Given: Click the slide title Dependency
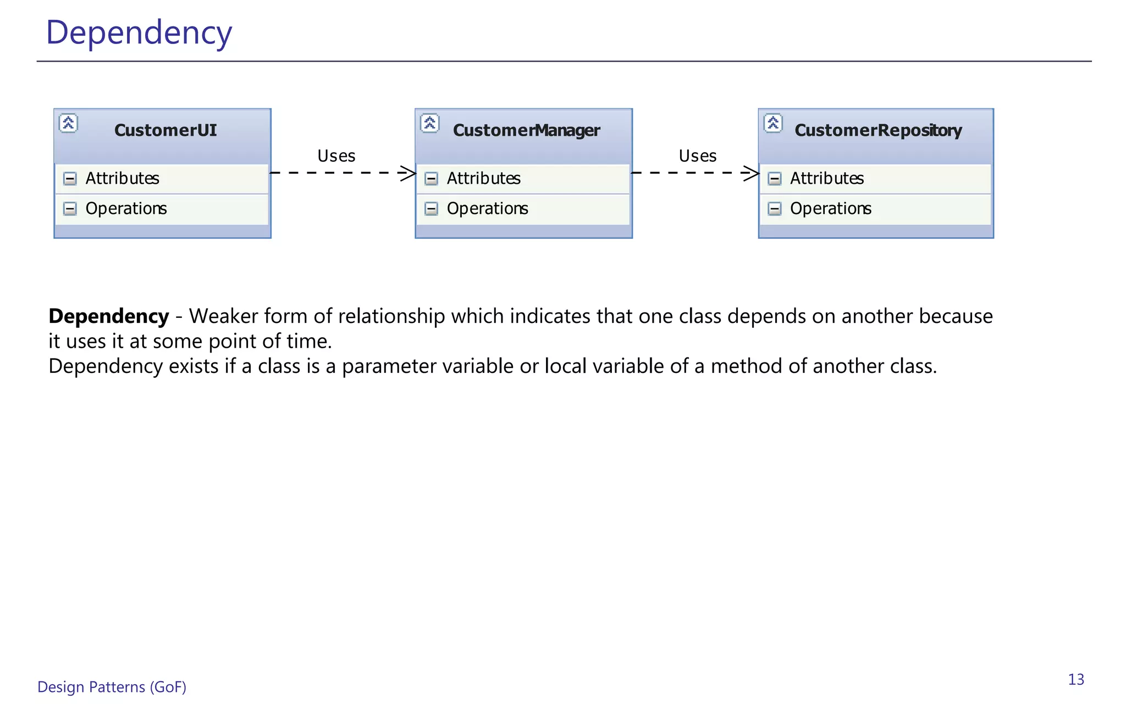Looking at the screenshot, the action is (x=139, y=33).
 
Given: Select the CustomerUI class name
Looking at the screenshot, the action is (x=165, y=130).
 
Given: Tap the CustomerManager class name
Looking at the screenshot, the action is (x=526, y=130).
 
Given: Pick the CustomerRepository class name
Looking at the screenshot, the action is (x=878, y=130).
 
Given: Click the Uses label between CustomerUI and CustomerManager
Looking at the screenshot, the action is (x=336, y=156).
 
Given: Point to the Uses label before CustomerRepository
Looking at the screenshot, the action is (x=697, y=156).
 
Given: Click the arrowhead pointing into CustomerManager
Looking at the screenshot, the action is (x=409, y=173).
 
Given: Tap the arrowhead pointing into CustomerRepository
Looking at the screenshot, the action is (x=752, y=173).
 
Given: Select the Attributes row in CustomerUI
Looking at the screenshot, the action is (x=122, y=179).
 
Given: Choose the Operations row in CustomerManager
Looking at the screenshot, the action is (x=487, y=209).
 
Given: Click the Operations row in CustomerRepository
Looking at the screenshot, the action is (x=830, y=209).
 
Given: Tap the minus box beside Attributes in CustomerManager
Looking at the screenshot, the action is (x=432, y=179).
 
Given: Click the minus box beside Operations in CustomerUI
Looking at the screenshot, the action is (x=70, y=209).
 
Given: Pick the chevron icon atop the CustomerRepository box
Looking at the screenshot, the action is (x=773, y=123).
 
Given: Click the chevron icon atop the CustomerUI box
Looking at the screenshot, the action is (x=68, y=123).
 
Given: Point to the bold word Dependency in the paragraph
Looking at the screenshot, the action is (x=109, y=316).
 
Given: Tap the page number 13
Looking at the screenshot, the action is (x=1076, y=680).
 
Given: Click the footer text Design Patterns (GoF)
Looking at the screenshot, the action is (x=112, y=687).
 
